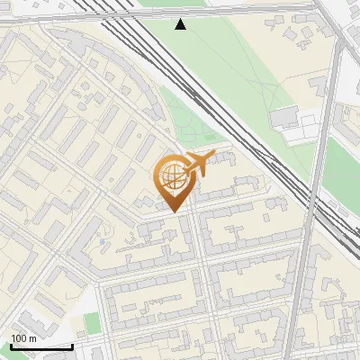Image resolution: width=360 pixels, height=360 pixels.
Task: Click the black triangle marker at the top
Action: [181, 24]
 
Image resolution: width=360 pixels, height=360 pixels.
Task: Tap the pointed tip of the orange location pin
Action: [172, 211]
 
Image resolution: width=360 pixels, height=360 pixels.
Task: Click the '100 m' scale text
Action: [23, 337]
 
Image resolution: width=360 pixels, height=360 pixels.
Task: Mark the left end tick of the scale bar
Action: [10, 345]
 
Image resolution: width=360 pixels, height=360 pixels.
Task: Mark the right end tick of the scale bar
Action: [72, 345]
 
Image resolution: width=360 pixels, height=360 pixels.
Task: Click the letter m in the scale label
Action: [32, 337]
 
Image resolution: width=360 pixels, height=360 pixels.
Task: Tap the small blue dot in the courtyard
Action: [103, 242]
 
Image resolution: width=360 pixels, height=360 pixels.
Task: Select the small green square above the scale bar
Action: [91, 321]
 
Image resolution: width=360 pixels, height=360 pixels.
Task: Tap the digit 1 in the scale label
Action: [13, 337]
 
